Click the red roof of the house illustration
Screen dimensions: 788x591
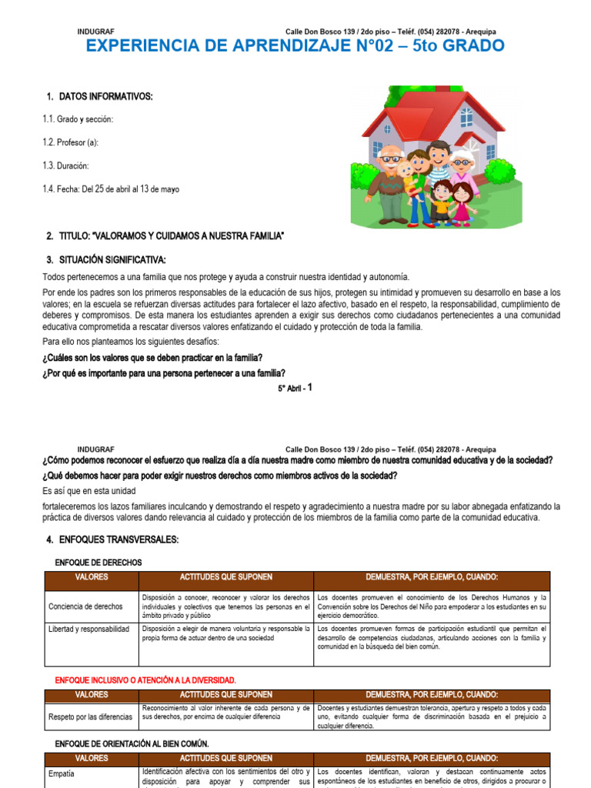416,108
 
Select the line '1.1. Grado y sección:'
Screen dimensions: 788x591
78,119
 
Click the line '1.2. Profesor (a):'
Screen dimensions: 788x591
70,142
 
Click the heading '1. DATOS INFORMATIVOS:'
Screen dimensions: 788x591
99,96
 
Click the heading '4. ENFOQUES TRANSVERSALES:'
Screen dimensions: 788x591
112,540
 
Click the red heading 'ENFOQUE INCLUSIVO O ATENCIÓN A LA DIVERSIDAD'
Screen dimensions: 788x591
145,680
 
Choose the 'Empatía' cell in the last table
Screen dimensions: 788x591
62,774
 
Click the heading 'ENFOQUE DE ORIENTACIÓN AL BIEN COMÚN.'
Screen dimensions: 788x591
132,743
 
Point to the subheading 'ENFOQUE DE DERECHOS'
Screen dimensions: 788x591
98,563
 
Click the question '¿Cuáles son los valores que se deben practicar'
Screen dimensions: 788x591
152,358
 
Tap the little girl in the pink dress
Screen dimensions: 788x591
462,202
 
